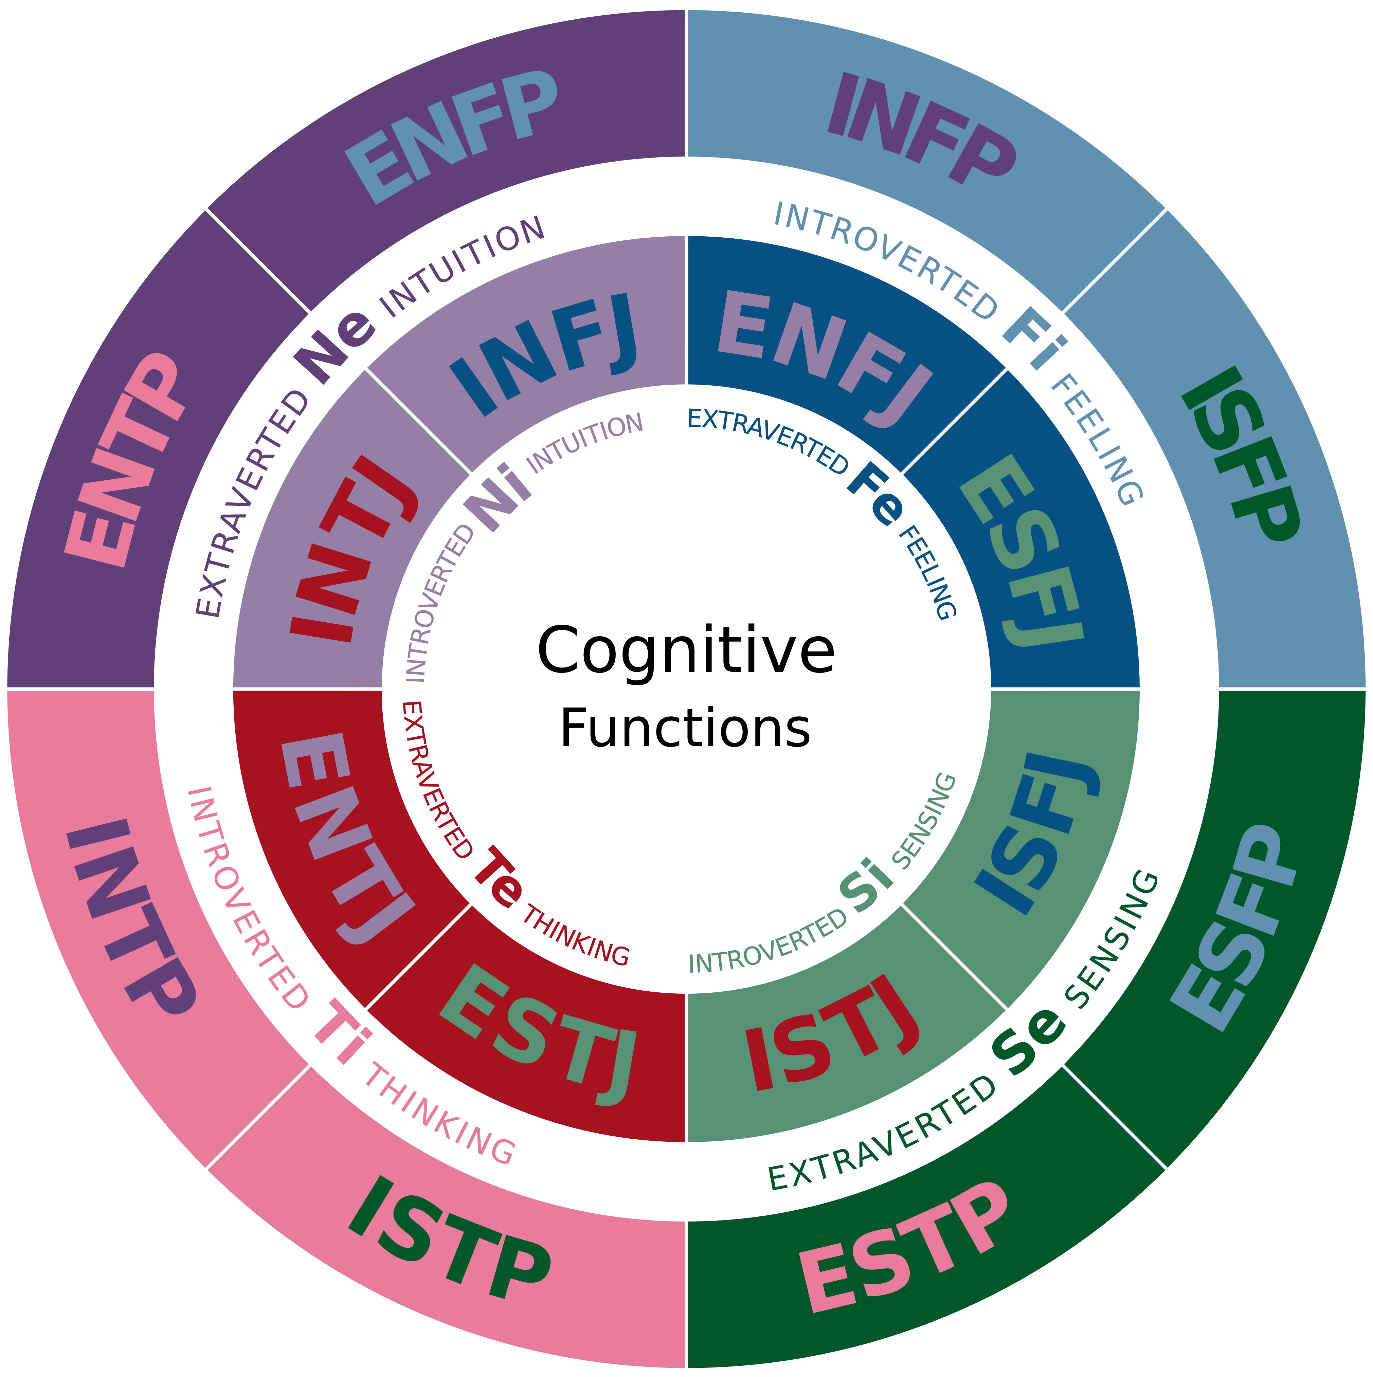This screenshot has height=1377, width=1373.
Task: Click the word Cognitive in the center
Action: click(x=686, y=651)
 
